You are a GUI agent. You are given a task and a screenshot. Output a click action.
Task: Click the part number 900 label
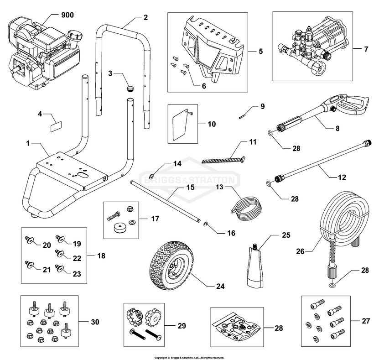click(x=68, y=15)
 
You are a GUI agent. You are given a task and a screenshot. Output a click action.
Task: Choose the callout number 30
click(x=95, y=322)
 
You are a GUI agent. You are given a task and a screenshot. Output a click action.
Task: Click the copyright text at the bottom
click(x=189, y=357)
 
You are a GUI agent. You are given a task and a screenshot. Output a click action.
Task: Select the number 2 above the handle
click(x=145, y=18)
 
